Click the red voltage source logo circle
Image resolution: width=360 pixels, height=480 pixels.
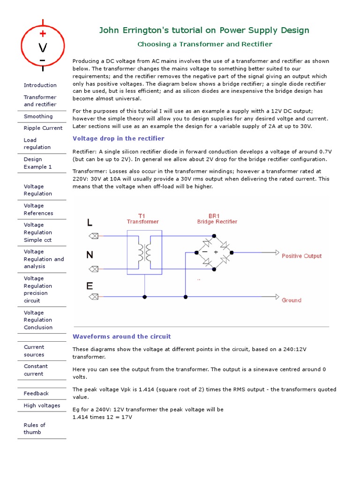[43, 46]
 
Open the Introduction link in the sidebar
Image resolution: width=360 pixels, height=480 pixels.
[40, 85]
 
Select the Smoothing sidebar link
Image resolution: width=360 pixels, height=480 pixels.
[38, 116]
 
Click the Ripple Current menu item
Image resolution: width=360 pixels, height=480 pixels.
[43, 128]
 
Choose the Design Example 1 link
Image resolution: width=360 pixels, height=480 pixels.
[38, 163]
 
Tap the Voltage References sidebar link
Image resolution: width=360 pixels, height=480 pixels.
[38, 210]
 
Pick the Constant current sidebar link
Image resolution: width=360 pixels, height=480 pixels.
[36, 370]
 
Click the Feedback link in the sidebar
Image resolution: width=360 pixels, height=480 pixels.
[36, 393]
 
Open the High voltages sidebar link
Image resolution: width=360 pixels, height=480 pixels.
[42, 405]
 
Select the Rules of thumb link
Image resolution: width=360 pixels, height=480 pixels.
[35, 428]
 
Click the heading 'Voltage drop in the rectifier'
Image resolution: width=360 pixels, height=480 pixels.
[119, 138]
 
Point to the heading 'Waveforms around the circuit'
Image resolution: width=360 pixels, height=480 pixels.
[122, 337]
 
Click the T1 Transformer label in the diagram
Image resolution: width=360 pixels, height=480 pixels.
[142, 218]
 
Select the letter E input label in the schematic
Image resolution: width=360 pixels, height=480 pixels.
[90, 286]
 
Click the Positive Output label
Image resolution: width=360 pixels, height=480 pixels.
[301, 256]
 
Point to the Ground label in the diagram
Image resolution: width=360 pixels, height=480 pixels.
[292, 300]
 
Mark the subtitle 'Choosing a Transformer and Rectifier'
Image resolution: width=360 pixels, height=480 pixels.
[204, 44]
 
